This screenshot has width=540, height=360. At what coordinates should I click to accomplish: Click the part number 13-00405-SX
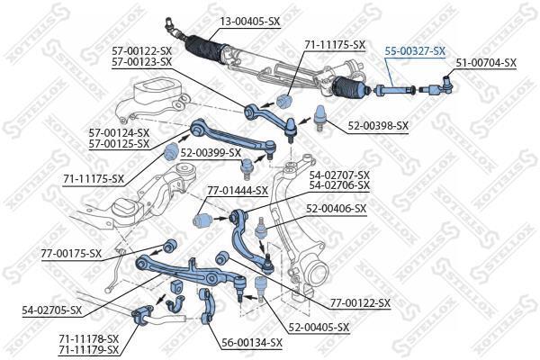click(250, 22)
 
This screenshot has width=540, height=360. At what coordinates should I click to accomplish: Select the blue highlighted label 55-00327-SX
click(415, 51)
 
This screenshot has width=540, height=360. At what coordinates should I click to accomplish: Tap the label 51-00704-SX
click(486, 63)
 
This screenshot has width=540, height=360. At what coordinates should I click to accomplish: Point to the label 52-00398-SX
click(378, 126)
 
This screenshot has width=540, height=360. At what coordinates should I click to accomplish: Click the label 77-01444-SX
click(238, 190)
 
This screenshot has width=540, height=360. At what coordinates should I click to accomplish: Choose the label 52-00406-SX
click(337, 209)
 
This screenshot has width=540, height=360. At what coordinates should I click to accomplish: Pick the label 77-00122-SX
click(361, 303)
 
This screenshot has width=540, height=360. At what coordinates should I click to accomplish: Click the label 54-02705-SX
click(52, 310)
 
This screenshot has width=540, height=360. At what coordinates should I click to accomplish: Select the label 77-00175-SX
click(71, 254)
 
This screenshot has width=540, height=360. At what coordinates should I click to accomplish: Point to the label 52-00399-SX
click(211, 153)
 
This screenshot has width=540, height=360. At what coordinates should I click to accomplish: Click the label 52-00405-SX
click(319, 327)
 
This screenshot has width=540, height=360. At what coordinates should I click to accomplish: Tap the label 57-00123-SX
click(141, 62)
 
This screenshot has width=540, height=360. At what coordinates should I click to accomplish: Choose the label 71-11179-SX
click(88, 350)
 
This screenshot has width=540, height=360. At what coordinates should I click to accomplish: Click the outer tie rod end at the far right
click(438, 86)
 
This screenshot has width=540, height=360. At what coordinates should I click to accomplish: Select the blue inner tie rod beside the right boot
click(394, 91)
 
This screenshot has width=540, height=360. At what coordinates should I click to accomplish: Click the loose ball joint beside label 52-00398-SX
click(321, 118)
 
